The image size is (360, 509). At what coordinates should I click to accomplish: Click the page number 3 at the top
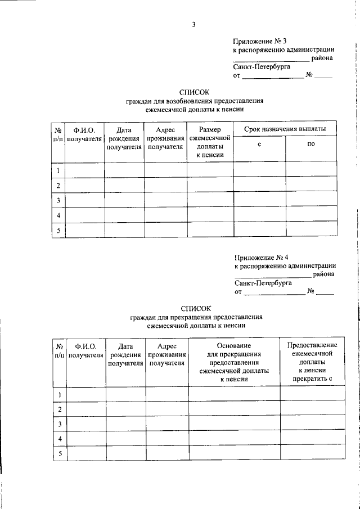click(193, 24)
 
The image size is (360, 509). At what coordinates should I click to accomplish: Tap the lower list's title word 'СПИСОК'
click(196, 308)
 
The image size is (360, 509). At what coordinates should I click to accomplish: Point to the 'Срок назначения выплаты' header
click(285, 129)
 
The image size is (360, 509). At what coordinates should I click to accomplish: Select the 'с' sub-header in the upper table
click(259, 145)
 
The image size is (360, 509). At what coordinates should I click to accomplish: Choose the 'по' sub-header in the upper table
click(311, 145)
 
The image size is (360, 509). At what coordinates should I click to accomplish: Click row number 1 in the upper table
click(58, 169)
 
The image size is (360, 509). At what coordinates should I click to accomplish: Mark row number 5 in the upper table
click(58, 229)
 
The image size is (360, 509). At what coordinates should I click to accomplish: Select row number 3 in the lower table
click(59, 424)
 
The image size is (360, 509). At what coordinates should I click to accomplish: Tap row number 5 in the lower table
click(59, 454)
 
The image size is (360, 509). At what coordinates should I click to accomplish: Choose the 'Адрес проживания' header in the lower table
click(167, 354)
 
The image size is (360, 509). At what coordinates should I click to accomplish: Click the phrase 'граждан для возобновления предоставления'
click(194, 101)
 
